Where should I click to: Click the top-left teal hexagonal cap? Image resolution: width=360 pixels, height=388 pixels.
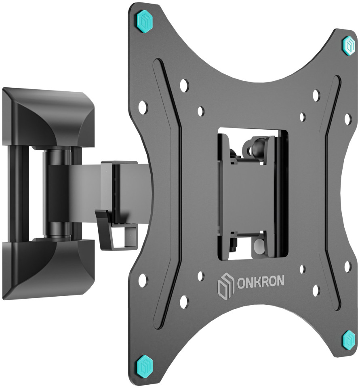[x=145, y=21]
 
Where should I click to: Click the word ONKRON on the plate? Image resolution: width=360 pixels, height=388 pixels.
[x=261, y=282]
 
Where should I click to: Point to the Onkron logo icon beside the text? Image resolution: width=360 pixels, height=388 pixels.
[x=225, y=285]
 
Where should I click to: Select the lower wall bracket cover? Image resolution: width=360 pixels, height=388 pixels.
[x=48, y=268]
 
